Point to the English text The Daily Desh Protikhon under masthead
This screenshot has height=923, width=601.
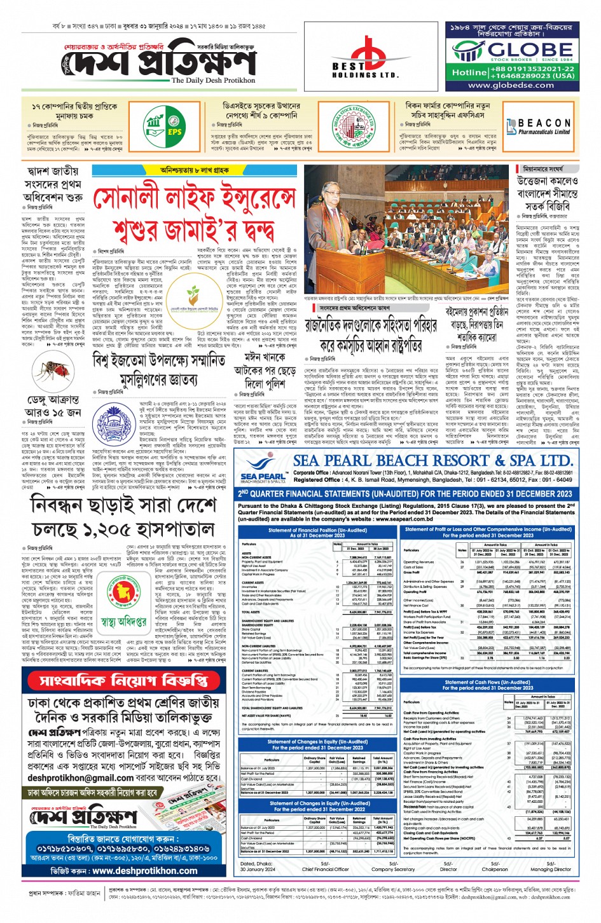213,81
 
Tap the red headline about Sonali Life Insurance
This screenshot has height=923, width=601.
195,215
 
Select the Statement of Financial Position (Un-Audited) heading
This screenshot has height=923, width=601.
317,533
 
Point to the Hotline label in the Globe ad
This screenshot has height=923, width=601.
469,72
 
